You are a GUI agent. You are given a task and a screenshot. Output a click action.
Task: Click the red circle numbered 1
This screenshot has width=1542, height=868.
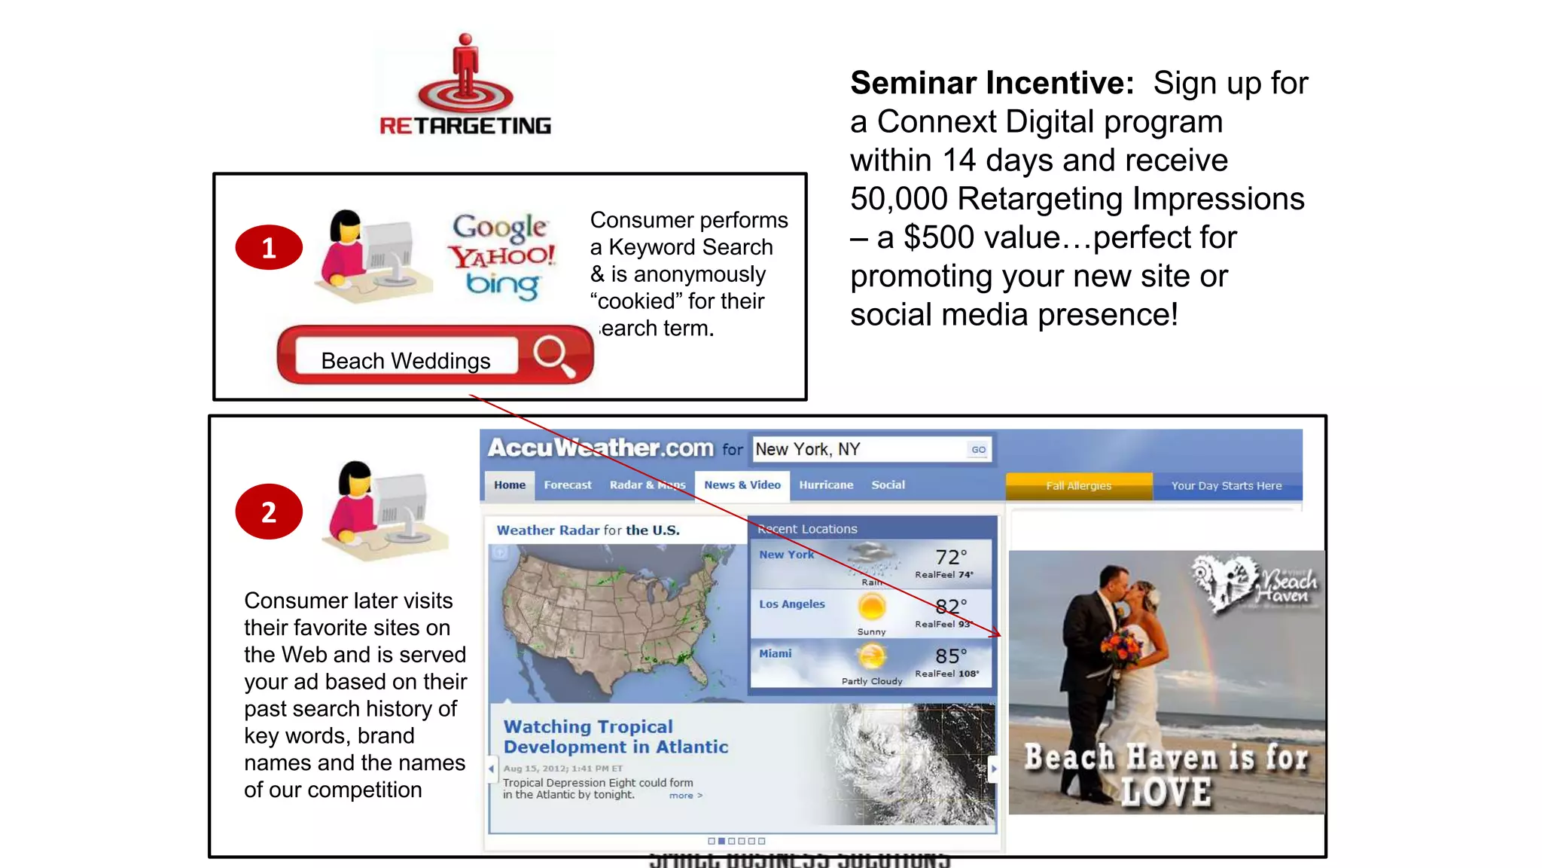tap(269, 247)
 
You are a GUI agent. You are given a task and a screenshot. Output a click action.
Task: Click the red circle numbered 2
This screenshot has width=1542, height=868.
tap(269, 512)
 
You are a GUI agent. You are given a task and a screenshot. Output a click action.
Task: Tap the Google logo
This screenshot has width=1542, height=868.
tap(500, 226)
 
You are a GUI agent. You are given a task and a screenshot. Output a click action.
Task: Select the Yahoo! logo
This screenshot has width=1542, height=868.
tap(502, 256)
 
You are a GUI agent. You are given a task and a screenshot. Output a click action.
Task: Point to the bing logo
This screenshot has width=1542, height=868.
tap(502, 285)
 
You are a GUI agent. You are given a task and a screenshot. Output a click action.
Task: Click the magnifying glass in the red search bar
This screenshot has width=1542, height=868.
tap(553, 355)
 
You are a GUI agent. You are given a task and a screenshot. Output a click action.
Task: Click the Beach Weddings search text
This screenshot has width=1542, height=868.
tap(406, 361)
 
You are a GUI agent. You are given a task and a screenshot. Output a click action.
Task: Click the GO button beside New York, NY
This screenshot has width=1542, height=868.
tap(978, 449)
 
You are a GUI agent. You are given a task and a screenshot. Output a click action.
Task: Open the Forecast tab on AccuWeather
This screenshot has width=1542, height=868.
tap(568, 485)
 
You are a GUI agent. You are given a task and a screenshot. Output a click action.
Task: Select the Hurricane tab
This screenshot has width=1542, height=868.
tap(826, 485)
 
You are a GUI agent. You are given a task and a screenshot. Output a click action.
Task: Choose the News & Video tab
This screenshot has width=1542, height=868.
tap(742, 485)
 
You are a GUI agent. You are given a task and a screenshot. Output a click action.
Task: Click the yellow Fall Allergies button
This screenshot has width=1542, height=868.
tap(1078, 486)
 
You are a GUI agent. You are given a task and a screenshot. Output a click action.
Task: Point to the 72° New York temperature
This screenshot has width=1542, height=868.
tap(950, 558)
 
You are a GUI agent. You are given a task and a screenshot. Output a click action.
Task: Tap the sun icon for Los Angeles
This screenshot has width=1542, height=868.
tap(872, 607)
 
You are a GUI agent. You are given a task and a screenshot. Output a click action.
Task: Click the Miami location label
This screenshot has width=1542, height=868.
tap(776, 653)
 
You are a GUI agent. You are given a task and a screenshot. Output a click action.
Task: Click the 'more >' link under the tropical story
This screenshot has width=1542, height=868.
tap(685, 796)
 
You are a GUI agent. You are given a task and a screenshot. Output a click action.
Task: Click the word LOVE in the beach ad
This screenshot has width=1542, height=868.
tap(1166, 793)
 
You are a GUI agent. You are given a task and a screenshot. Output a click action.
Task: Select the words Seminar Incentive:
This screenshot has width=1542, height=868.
tap(992, 83)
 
